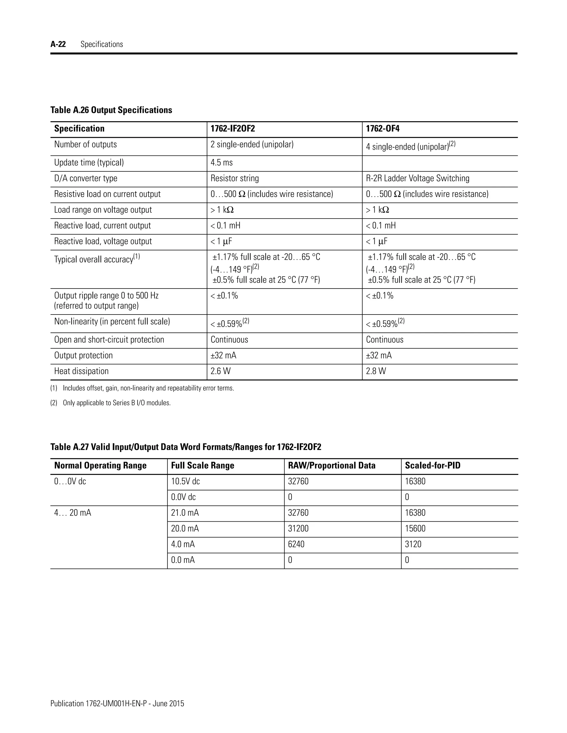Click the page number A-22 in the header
[58, 44]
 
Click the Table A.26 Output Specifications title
[111, 110]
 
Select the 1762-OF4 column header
[383, 129]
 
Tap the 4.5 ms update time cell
[222, 163]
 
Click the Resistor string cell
[235, 179]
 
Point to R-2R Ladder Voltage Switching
[417, 179]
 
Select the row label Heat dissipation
[81, 371]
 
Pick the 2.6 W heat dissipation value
[221, 371]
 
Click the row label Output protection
[83, 355]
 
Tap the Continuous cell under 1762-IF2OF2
[230, 340]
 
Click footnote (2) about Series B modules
[111, 403]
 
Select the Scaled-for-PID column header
[433, 466]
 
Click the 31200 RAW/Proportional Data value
[298, 529]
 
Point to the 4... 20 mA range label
[73, 513]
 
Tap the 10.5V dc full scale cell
[185, 481]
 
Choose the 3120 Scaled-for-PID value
[413, 544]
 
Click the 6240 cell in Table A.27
[296, 544]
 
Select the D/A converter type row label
[86, 179]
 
